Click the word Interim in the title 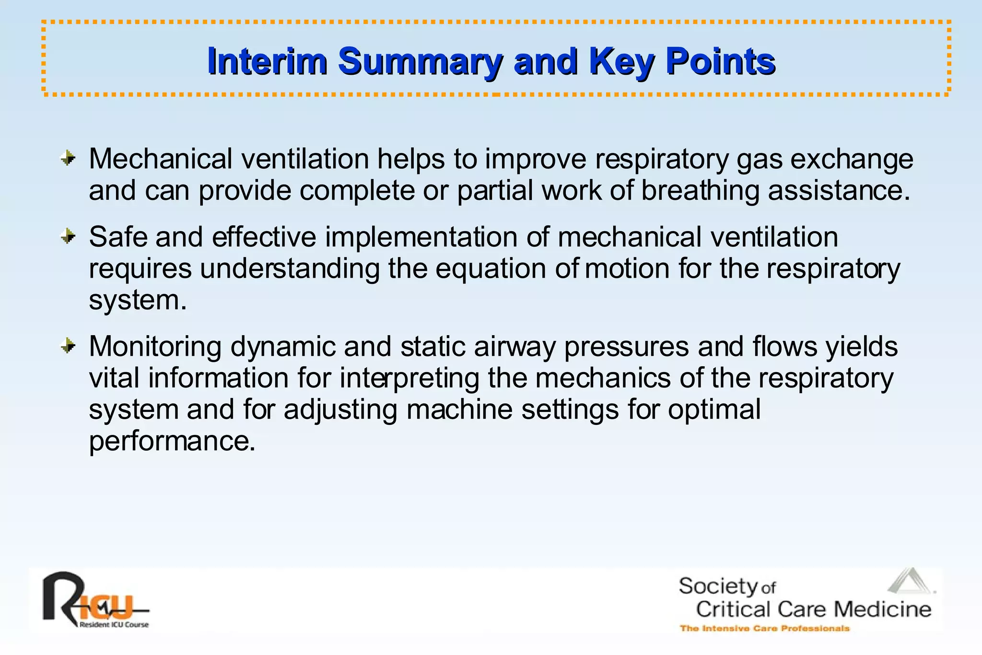[x=267, y=61]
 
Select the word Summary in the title [x=420, y=61]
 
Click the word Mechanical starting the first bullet [x=161, y=159]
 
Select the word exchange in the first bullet [x=852, y=159]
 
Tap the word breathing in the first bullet [x=700, y=190]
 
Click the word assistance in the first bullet [x=839, y=190]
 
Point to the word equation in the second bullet [x=491, y=269]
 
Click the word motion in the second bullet [x=627, y=269]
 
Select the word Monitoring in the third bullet [x=155, y=347]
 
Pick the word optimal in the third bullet [x=714, y=410]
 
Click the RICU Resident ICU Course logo [x=95, y=600]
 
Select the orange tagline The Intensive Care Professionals [x=764, y=628]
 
